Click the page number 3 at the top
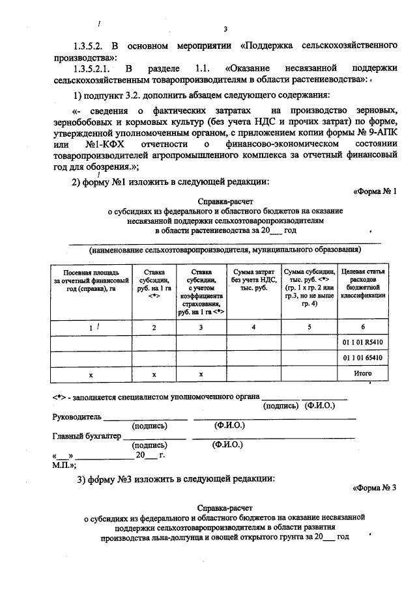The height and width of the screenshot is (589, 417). [225, 28]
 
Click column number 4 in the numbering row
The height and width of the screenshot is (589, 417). [253, 327]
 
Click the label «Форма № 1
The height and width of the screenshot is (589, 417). [374, 191]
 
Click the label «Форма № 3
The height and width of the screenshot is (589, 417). [374, 487]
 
